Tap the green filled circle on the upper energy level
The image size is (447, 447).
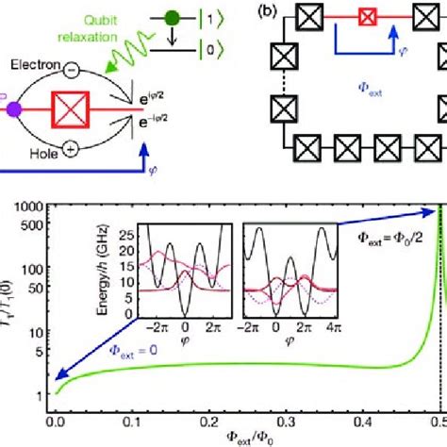click(x=173, y=16)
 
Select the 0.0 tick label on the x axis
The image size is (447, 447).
click(x=56, y=425)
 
